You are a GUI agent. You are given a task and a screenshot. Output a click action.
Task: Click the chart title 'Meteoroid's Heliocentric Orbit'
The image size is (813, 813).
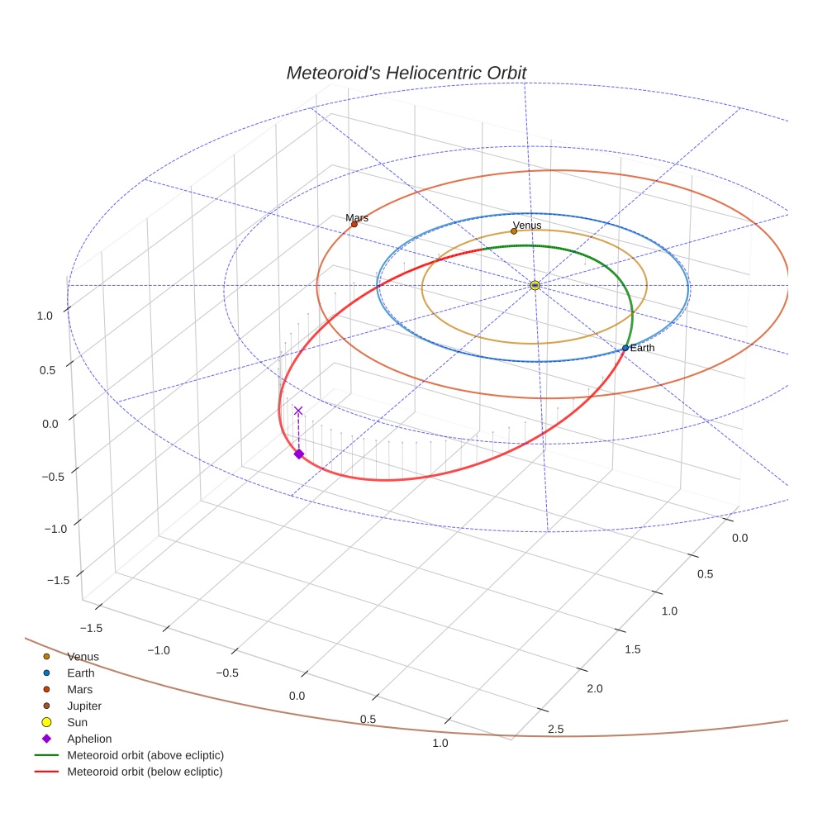pos(406,73)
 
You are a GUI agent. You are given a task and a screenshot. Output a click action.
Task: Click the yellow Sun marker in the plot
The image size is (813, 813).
pos(535,285)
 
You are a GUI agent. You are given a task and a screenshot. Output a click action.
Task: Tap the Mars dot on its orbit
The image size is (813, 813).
pos(354,224)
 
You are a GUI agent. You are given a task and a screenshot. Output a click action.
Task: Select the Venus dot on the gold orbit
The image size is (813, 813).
pos(513,231)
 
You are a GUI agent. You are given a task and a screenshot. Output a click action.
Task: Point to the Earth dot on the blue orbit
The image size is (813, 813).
pos(625,348)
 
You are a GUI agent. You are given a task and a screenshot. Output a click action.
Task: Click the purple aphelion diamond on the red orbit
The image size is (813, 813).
pos(298,454)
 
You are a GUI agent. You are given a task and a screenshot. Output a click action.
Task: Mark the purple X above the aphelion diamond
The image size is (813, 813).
pos(298,411)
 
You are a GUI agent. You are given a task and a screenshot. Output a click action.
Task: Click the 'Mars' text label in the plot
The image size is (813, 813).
pos(357,217)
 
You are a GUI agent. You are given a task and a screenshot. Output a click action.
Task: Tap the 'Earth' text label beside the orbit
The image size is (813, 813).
pos(642,348)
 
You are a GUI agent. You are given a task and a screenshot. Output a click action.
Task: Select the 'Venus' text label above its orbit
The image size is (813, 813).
pos(526,225)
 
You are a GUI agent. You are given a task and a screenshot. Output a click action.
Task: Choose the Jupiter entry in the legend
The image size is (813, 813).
pos(83,706)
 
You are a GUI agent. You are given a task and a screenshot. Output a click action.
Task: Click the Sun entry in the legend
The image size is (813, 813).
pos(77,722)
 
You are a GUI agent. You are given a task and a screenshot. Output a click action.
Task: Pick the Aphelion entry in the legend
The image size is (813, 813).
pos(88,739)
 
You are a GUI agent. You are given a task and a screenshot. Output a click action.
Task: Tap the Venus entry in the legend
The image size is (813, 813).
pos(83,656)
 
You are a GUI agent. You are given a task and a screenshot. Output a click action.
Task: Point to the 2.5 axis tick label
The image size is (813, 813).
pos(555,728)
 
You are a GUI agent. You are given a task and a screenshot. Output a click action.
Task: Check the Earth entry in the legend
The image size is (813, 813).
pos(80,673)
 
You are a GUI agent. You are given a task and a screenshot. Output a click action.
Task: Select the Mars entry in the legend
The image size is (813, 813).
pos(79,689)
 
